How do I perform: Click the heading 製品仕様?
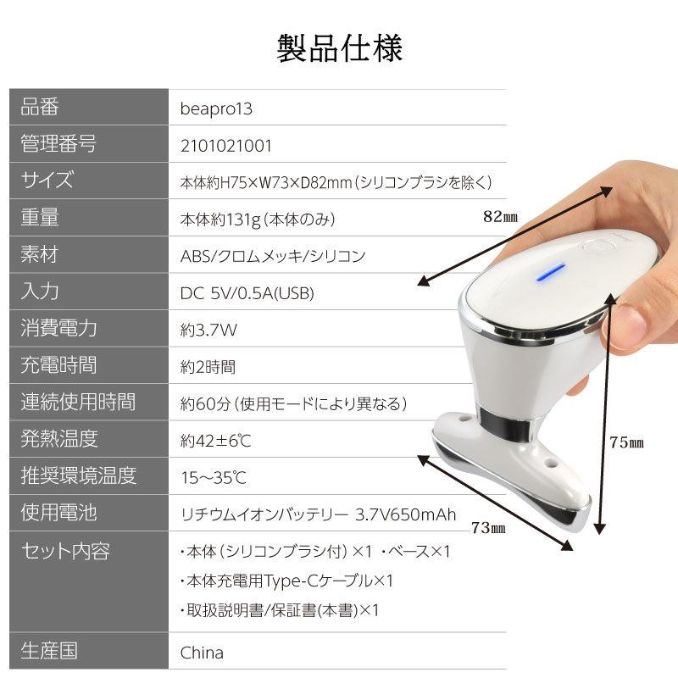339,48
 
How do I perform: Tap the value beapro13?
216,108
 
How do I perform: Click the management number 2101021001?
226,145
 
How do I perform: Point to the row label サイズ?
47,181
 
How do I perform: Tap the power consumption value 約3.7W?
208,330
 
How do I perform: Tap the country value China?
202,653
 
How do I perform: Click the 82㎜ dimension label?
500,216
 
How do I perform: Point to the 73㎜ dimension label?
487,528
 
